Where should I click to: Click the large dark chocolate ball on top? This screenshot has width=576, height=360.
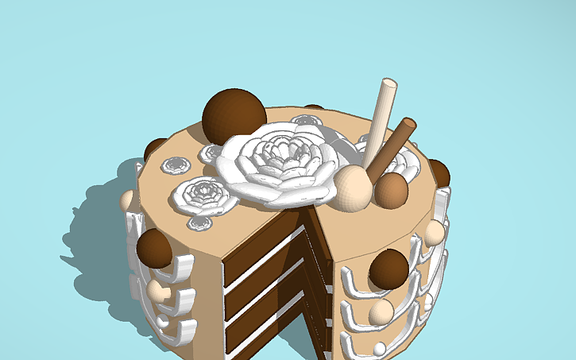tap(234, 114)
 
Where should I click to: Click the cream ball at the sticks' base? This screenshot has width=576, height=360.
tap(353, 188)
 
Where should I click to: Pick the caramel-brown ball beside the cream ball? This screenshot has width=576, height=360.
tap(391, 190)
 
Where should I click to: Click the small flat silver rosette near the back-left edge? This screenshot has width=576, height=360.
tap(176, 165)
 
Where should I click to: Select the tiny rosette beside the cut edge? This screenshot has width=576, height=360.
tap(199, 223)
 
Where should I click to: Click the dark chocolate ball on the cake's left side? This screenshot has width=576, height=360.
tap(154, 248)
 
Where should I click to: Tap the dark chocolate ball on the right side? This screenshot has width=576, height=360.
tap(389, 269)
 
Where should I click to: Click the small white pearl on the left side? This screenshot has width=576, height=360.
tap(163, 321)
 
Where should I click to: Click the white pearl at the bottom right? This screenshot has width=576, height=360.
tap(380, 349)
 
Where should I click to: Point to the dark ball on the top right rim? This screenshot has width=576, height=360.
tap(439, 172)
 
